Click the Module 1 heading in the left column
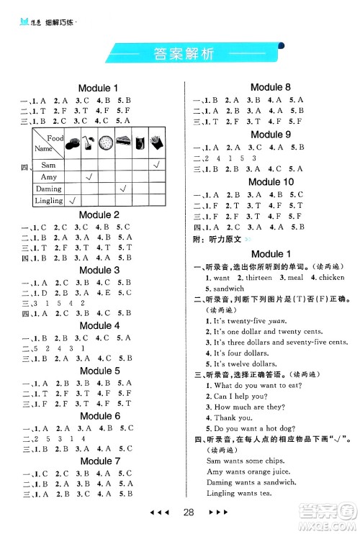(x=99, y=88)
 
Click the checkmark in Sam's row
(x=156, y=165)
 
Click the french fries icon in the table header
(x=156, y=142)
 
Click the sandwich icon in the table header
(x=122, y=142)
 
